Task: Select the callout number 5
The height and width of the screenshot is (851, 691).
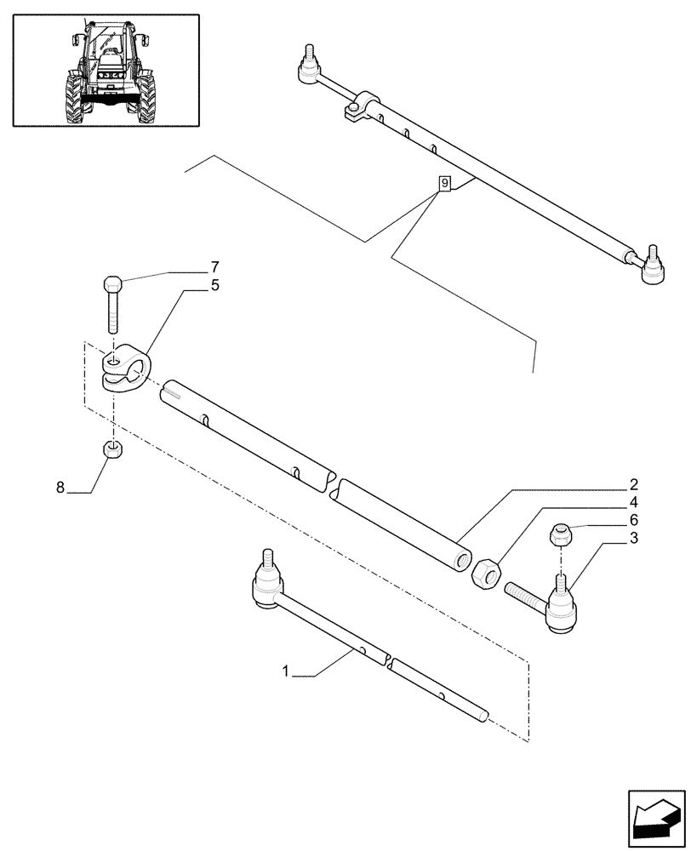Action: (214, 286)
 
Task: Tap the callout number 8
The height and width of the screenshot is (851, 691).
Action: (60, 488)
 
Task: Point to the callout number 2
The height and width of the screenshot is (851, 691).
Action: (634, 485)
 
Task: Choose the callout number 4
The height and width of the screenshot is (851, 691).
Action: (634, 502)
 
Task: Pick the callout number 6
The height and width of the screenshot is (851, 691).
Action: (634, 519)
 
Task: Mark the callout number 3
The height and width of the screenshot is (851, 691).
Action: (634, 538)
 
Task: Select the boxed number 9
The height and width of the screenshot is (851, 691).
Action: (443, 183)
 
